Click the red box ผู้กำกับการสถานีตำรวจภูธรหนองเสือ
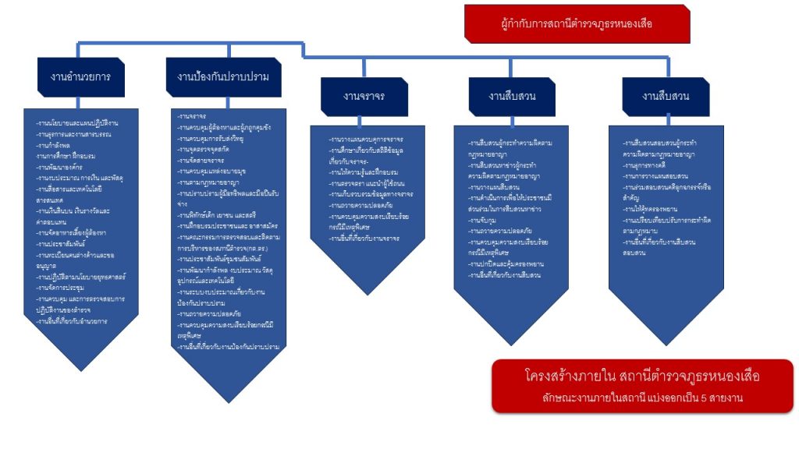tap(577, 23)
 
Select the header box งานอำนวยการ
tap(80, 76)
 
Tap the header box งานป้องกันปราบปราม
tap(223, 76)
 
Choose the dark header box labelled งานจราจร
tap(364, 97)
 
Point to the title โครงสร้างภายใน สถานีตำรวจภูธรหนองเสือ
tap(642, 377)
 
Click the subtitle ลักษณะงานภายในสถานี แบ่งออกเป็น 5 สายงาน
tap(642, 398)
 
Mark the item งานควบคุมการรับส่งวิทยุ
tap(212, 137)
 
